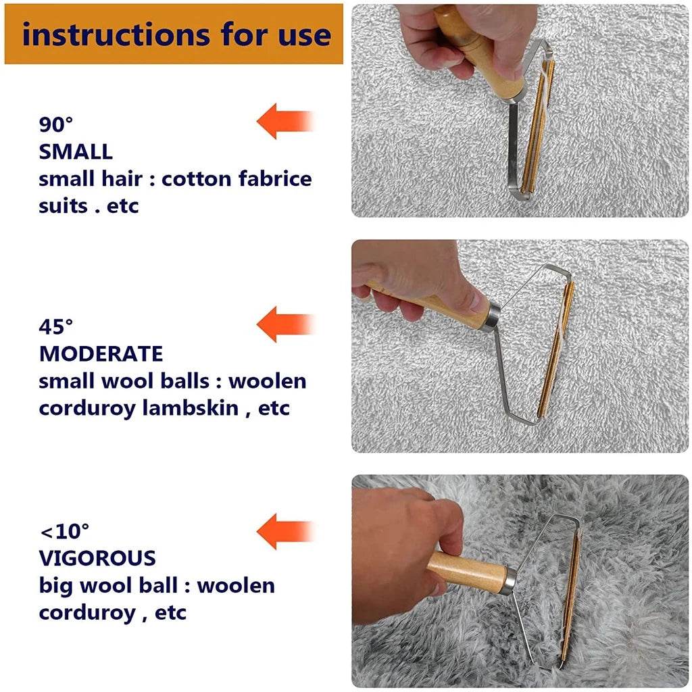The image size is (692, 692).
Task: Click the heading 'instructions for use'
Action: [x=176, y=34]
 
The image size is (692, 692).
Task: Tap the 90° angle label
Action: [x=55, y=124]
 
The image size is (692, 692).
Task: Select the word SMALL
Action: [x=76, y=151]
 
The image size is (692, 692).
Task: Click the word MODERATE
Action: [x=101, y=353]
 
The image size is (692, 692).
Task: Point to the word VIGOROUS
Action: [x=97, y=558]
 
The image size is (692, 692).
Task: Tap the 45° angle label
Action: [x=55, y=327]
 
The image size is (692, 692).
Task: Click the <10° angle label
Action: [x=65, y=531]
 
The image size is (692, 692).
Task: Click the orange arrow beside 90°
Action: [x=284, y=122]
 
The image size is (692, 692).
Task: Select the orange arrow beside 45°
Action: [x=284, y=324]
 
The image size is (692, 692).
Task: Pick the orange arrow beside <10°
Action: [x=284, y=530]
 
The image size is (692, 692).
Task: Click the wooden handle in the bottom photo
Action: [x=466, y=572]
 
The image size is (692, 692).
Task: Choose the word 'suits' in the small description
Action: [x=62, y=205]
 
